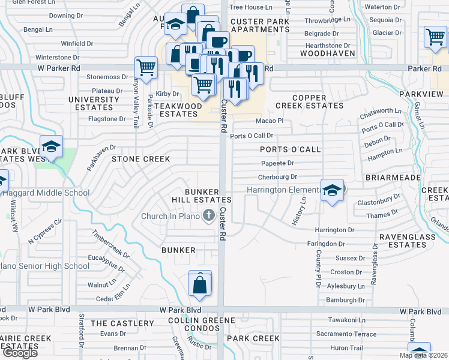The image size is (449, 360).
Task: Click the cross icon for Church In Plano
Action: [x=209, y=215]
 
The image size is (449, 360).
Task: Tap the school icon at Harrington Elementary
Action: [x=332, y=191]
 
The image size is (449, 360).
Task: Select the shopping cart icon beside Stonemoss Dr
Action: [x=146, y=68]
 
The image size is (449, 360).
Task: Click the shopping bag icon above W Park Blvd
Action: [x=200, y=284]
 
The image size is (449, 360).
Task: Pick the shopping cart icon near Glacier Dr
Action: [x=435, y=37]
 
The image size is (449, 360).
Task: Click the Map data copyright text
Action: [x=424, y=355]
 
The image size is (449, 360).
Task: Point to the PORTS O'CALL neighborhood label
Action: [x=290, y=149]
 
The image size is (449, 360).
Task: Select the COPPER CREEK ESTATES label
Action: [x=309, y=101]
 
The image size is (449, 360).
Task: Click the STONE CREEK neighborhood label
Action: [x=140, y=159]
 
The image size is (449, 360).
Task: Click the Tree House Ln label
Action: [x=252, y=7]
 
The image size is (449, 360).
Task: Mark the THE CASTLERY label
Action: [x=122, y=323]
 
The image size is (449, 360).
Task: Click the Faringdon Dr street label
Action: [x=325, y=244]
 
